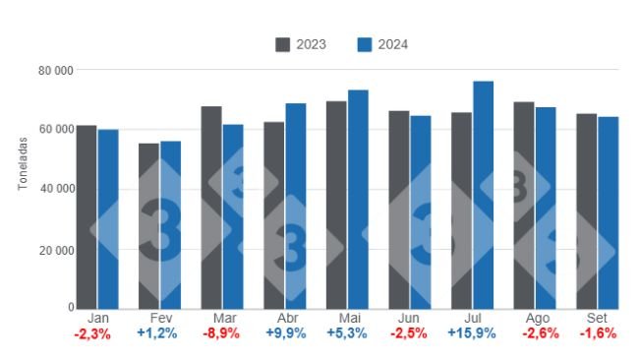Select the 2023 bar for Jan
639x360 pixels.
pyautogui.click(x=87, y=216)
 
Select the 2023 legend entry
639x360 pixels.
pyautogui.click(x=301, y=44)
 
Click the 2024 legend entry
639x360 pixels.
pyautogui.click(x=382, y=44)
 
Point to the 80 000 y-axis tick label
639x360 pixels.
pyautogui.click(x=56, y=70)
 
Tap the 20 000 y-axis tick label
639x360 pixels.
pyautogui.click(x=56, y=250)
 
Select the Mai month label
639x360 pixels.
pyautogui.click(x=347, y=319)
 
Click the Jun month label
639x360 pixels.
pyautogui.click(x=410, y=319)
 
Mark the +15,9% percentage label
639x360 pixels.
pyautogui.click(x=472, y=334)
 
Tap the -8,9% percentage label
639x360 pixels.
pyautogui.click(x=222, y=334)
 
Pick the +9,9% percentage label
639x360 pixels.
pyautogui.click(x=285, y=334)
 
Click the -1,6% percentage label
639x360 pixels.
pyautogui.click(x=597, y=334)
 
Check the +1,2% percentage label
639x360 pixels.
pyautogui.click(x=160, y=334)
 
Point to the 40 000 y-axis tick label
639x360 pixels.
pyautogui.click(x=56, y=189)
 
